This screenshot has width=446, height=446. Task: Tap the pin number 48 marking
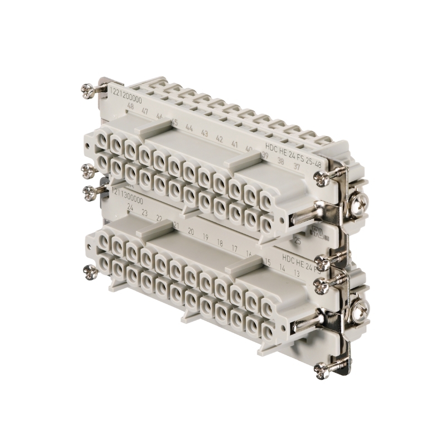130,107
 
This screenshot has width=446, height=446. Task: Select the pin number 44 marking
189,128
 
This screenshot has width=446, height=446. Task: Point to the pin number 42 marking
219,138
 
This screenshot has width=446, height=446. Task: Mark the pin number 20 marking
190,230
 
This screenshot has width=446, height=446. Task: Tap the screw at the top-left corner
88,90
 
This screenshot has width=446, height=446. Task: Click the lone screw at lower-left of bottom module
88,272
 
